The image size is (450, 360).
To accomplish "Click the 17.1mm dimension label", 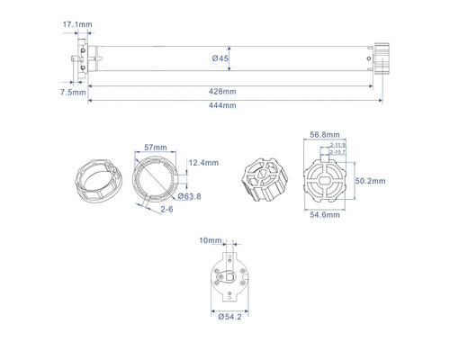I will click(76, 23).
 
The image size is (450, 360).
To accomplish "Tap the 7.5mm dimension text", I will click(74, 92).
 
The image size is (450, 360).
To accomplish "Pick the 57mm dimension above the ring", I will click(156, 146).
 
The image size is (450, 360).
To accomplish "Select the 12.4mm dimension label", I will click(204, 162).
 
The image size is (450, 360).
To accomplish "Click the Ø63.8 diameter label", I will click(189, 195).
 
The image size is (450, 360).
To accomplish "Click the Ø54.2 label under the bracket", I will click(229, 316).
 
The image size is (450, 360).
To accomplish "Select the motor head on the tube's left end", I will click(84, 59).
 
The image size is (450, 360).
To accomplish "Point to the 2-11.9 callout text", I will click(338, 144).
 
